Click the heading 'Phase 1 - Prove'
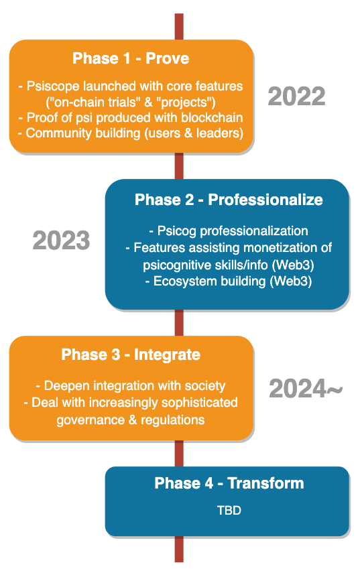pyautogui.click(x=131, y=58)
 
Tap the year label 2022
pyautogui.click(x=296, y=97)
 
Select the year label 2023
pyautogui.click(x=61, y=241)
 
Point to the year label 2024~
pyautogui.click(x=306, y=388)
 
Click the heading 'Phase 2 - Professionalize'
pyautogui.click(x=229, y=200)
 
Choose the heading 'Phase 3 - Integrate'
pyautogui.click(x=131, y=355)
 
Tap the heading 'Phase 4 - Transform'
pyautogui.click(x=229, y=483)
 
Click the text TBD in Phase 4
pyautogui.click(x=229, y=510)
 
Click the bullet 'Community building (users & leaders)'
pyautogui.click(x=131, y=133)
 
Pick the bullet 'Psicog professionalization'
pyautogui.click(x=229, y=231)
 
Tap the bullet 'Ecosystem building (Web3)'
pyautogui.click(x=229, y=281)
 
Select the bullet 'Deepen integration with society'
pyautogui.click(x=131, y=386)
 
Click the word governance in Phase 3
pyautogui.click(x=91, y=420)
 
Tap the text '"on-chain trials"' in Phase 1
pyautogui.click(x=94, y=102)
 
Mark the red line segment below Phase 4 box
pyautogui.click(x=179, y=549)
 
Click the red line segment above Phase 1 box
pyautogui.click(x=179, y=27)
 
